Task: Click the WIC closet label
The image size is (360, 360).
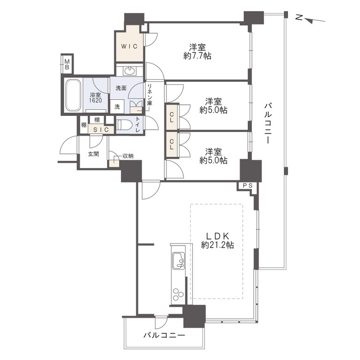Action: (x=129, y=46)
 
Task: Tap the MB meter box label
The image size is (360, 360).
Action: (x=67, y=64)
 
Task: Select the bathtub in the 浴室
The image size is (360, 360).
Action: (x=73, y=95)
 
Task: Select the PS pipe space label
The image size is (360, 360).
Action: (x=248, y=186)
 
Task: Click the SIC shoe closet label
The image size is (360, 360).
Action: (x=101, y=130)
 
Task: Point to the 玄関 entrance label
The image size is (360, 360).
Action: (x=93, y=154)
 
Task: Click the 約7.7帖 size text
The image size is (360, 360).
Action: (x=198, y=56)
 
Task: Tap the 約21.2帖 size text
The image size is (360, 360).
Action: (x=217, y=246)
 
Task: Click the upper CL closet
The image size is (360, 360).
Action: (x=172, y=117)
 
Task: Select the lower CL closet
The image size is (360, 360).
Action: (x=172, y=144)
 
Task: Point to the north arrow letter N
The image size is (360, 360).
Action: (x=299, y=17)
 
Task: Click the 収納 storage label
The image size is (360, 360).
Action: (x=128, y=156)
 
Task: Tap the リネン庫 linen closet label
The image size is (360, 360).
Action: (x=150, y=95)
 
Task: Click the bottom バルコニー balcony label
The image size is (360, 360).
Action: (x=164, y=336)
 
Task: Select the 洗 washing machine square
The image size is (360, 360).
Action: (x=117, y=107)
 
